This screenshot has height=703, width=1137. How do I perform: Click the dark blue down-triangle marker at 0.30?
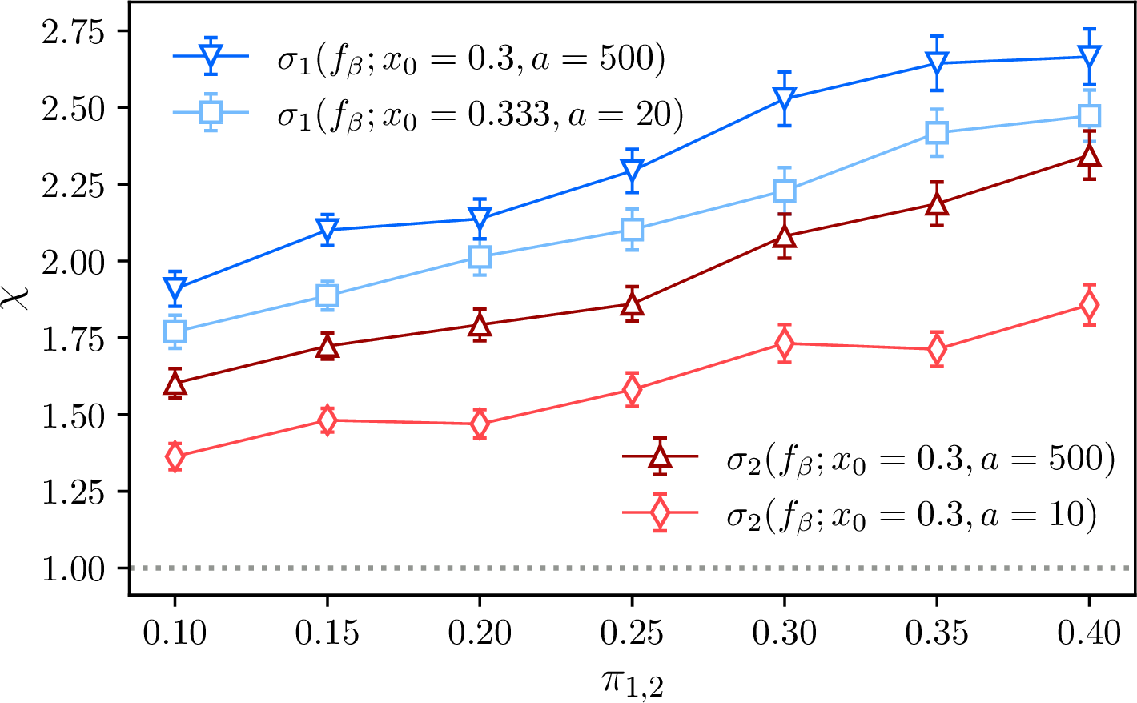(x=785, y=99)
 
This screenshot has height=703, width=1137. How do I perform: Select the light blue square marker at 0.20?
(x=480, y=257)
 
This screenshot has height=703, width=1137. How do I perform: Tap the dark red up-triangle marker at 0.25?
(x=633, y=304)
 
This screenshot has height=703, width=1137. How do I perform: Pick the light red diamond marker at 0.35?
(x=937, y=350)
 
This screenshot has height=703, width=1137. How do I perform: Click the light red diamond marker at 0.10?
(x=175, y=457)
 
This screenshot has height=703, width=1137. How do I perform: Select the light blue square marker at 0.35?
(x=937, y=133)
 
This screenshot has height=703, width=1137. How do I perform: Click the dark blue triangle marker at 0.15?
(x=327, y=230)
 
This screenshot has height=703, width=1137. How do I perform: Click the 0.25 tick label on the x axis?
(x=633, y=634)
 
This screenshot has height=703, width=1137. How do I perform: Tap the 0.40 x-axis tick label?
(x=1089, y=634)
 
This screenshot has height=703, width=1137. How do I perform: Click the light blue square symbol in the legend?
(x=211, y=113)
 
